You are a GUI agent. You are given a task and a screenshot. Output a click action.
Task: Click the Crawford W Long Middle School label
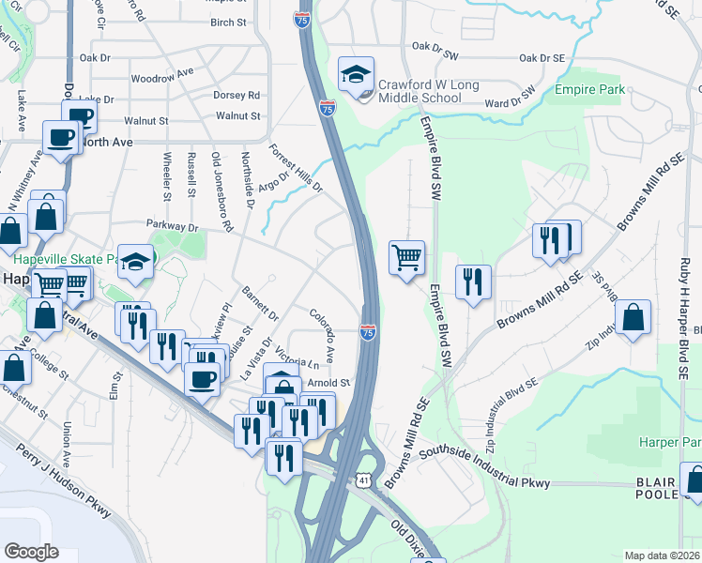428,91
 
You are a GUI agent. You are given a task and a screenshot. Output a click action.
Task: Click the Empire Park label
589,91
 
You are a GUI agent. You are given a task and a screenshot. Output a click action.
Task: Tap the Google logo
32,551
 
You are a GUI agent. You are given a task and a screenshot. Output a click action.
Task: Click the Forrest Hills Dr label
296,168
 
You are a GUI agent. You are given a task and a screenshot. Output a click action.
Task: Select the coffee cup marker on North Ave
63,139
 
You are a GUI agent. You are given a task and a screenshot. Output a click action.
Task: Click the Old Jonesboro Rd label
222,192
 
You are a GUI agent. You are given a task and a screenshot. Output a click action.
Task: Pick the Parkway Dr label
173,226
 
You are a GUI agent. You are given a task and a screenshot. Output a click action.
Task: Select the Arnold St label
328,383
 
